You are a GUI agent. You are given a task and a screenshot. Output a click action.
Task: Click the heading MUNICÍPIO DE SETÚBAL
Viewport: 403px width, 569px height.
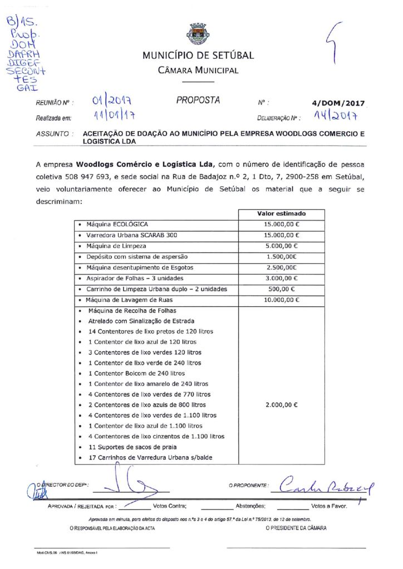(198, 55)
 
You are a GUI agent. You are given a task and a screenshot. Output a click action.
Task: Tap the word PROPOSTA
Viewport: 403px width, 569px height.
(198, 101)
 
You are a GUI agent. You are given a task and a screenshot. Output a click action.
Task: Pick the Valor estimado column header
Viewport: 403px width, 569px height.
(281, 213)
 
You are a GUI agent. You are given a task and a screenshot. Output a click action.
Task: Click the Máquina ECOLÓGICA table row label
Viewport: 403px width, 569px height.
(117, 224)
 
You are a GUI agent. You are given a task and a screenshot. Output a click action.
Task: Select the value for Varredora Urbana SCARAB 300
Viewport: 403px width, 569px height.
(281, 235)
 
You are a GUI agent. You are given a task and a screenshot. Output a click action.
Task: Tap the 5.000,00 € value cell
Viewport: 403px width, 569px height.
(281, 246)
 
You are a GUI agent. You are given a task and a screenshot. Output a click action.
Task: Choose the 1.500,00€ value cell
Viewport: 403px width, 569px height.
(281, 257)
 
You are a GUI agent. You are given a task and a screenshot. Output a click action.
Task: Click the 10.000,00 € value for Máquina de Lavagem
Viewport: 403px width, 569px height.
(281, 300)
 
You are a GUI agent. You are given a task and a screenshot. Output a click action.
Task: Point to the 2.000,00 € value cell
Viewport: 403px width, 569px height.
(281, 405)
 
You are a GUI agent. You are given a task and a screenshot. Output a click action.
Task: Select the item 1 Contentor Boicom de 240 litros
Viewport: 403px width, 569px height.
(136, 373)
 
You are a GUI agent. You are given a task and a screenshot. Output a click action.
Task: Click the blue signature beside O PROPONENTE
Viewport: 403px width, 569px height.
(326, 487)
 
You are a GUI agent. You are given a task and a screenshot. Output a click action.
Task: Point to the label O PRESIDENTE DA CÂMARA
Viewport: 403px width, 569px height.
(296, 528)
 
